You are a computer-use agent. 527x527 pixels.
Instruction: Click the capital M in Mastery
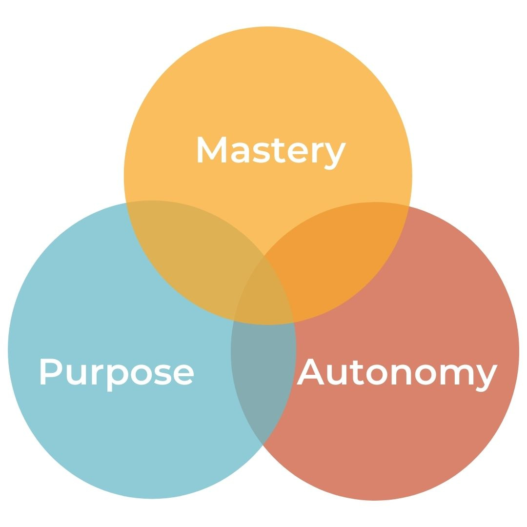[211, 149]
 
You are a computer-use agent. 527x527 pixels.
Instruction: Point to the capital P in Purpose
[50, 372]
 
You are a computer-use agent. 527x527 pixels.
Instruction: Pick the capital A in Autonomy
[310, 372]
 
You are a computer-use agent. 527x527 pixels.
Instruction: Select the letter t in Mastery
[279, 151]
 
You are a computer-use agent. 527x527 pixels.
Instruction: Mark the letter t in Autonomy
[358, 373]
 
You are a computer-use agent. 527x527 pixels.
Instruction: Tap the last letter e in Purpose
[183, 375]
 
